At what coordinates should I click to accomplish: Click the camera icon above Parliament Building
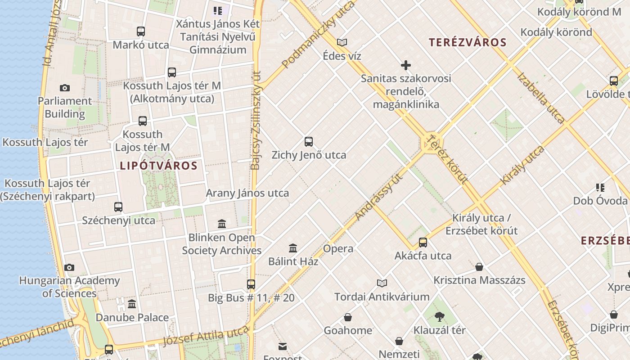coord(65,88)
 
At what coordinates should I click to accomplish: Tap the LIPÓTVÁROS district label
coord(158,166)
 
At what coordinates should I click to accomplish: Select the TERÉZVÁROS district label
coord(468,43)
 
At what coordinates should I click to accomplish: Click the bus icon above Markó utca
coord(141,31)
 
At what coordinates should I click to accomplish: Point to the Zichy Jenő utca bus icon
coord(309,142)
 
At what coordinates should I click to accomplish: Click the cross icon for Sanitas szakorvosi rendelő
coord(406,65)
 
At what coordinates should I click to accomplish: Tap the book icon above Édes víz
coord(342,43)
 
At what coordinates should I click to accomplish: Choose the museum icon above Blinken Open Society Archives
coord(222,224)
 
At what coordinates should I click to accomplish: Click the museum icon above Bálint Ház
coord(293,248)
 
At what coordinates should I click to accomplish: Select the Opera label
coord(338,249)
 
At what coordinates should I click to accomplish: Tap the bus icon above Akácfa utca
coord(423,243)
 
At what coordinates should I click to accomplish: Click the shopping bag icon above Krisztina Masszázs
coord(479,267)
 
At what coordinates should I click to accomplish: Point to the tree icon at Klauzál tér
coord(440,317)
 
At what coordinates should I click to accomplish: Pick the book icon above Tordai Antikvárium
coord(382,283)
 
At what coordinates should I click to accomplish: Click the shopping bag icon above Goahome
coord(348,317)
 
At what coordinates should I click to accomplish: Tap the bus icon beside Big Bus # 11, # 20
coord(251,284)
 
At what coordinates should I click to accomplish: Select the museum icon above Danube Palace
coord(132,304)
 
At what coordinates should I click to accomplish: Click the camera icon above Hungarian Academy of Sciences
coord(69,268)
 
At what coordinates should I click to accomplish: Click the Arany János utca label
coord(247,193)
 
